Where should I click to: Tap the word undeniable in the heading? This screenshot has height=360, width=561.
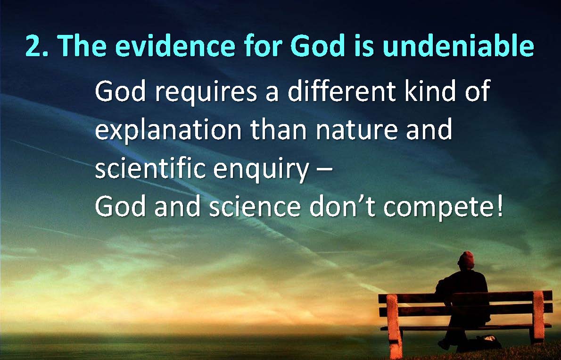click(x=458, y=45)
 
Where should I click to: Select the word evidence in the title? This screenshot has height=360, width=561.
click(x=175, y=45)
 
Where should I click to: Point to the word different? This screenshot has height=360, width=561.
click(x=342, y=91)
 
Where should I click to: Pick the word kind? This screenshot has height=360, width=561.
click(x=430, y=91)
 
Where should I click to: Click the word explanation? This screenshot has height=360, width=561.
click(x=168, y=131)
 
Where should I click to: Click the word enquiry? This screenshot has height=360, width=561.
click(x=261, y=170)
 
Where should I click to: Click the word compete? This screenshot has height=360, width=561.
click(x=438, y=208)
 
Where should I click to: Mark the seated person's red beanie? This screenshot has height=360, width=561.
click(x=466, y=259)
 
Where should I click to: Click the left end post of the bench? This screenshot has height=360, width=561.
click(x=394, y=327)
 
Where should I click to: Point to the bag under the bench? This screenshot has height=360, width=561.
click(x=487, y=342)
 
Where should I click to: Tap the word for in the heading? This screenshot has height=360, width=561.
click(x=263, y=45)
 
